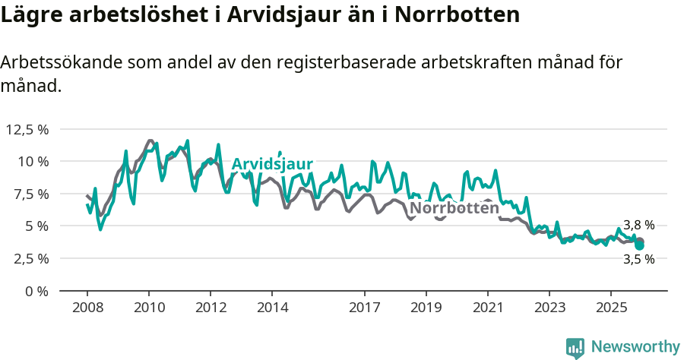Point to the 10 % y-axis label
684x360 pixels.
[31, 161]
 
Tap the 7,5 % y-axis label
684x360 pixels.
[28, 194]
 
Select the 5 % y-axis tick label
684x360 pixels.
[36, 226]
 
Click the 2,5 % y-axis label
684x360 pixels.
[28, 258]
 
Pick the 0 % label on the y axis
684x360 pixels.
[36, 291]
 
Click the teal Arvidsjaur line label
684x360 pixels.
[272, 164]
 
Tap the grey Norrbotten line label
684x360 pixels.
[454, 207]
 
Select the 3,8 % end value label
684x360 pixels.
[638, 225]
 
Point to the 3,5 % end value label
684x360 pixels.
[638, 259]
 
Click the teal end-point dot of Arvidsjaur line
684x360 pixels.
[640, 245]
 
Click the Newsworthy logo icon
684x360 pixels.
[575, 347]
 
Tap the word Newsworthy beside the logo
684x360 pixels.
[635, 347]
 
